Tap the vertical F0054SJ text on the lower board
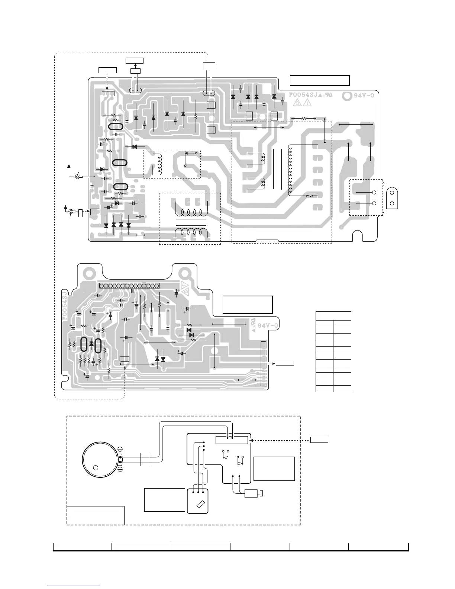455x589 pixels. [64, 303]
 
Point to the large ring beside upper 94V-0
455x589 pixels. [346, 96]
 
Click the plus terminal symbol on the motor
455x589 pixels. [120, 450]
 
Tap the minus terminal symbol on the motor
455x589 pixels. [120, 470]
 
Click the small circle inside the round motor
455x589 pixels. [96, 467]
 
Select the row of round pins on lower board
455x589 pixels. [129, 286]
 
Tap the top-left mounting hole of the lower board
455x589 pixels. [89, 272]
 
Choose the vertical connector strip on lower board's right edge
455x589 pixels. [264, 363]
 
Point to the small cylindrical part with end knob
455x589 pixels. [254, 493]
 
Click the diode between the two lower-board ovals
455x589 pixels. [91, 344]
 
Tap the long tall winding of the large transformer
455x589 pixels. [289, 170]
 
